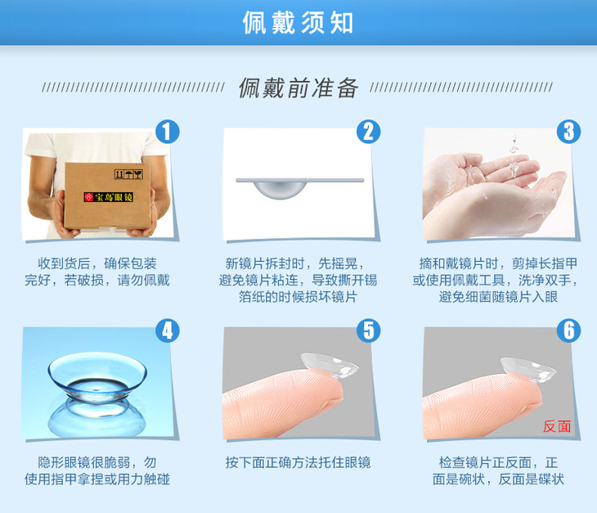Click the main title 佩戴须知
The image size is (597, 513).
298,22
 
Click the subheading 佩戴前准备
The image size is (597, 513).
298,88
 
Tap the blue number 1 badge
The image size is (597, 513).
168,132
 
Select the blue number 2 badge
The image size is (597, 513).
368,132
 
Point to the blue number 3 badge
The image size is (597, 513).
569,132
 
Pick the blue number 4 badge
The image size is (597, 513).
168,331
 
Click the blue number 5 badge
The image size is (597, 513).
368,331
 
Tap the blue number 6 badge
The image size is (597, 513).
569,331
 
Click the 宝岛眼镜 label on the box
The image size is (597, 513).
109,197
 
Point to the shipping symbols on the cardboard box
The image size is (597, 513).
128,174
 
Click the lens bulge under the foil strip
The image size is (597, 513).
281,190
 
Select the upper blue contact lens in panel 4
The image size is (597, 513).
97,376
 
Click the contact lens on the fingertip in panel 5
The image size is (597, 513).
330,365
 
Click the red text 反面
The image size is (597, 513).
557,426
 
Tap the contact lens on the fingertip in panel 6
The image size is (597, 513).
528,370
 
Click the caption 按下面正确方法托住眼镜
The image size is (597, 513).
298,462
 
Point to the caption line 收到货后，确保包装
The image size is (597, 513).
97,263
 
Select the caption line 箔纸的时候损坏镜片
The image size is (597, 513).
298,297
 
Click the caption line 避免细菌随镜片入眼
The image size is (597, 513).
498,297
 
